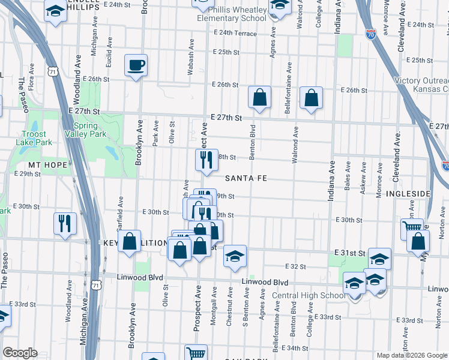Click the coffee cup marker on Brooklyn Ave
click(x=136, y=65)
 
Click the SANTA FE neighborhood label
click(x=246, y=179)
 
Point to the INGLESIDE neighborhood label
click(x=408, y=194)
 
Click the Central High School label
click(x=309, y=295)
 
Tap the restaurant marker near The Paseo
click(x=64, y=223)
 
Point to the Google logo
click(x=20, y=353)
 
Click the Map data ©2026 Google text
click(x=412, y=355)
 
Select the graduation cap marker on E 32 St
click(x=235, y=255)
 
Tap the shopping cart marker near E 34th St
click(x=196, y=353)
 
